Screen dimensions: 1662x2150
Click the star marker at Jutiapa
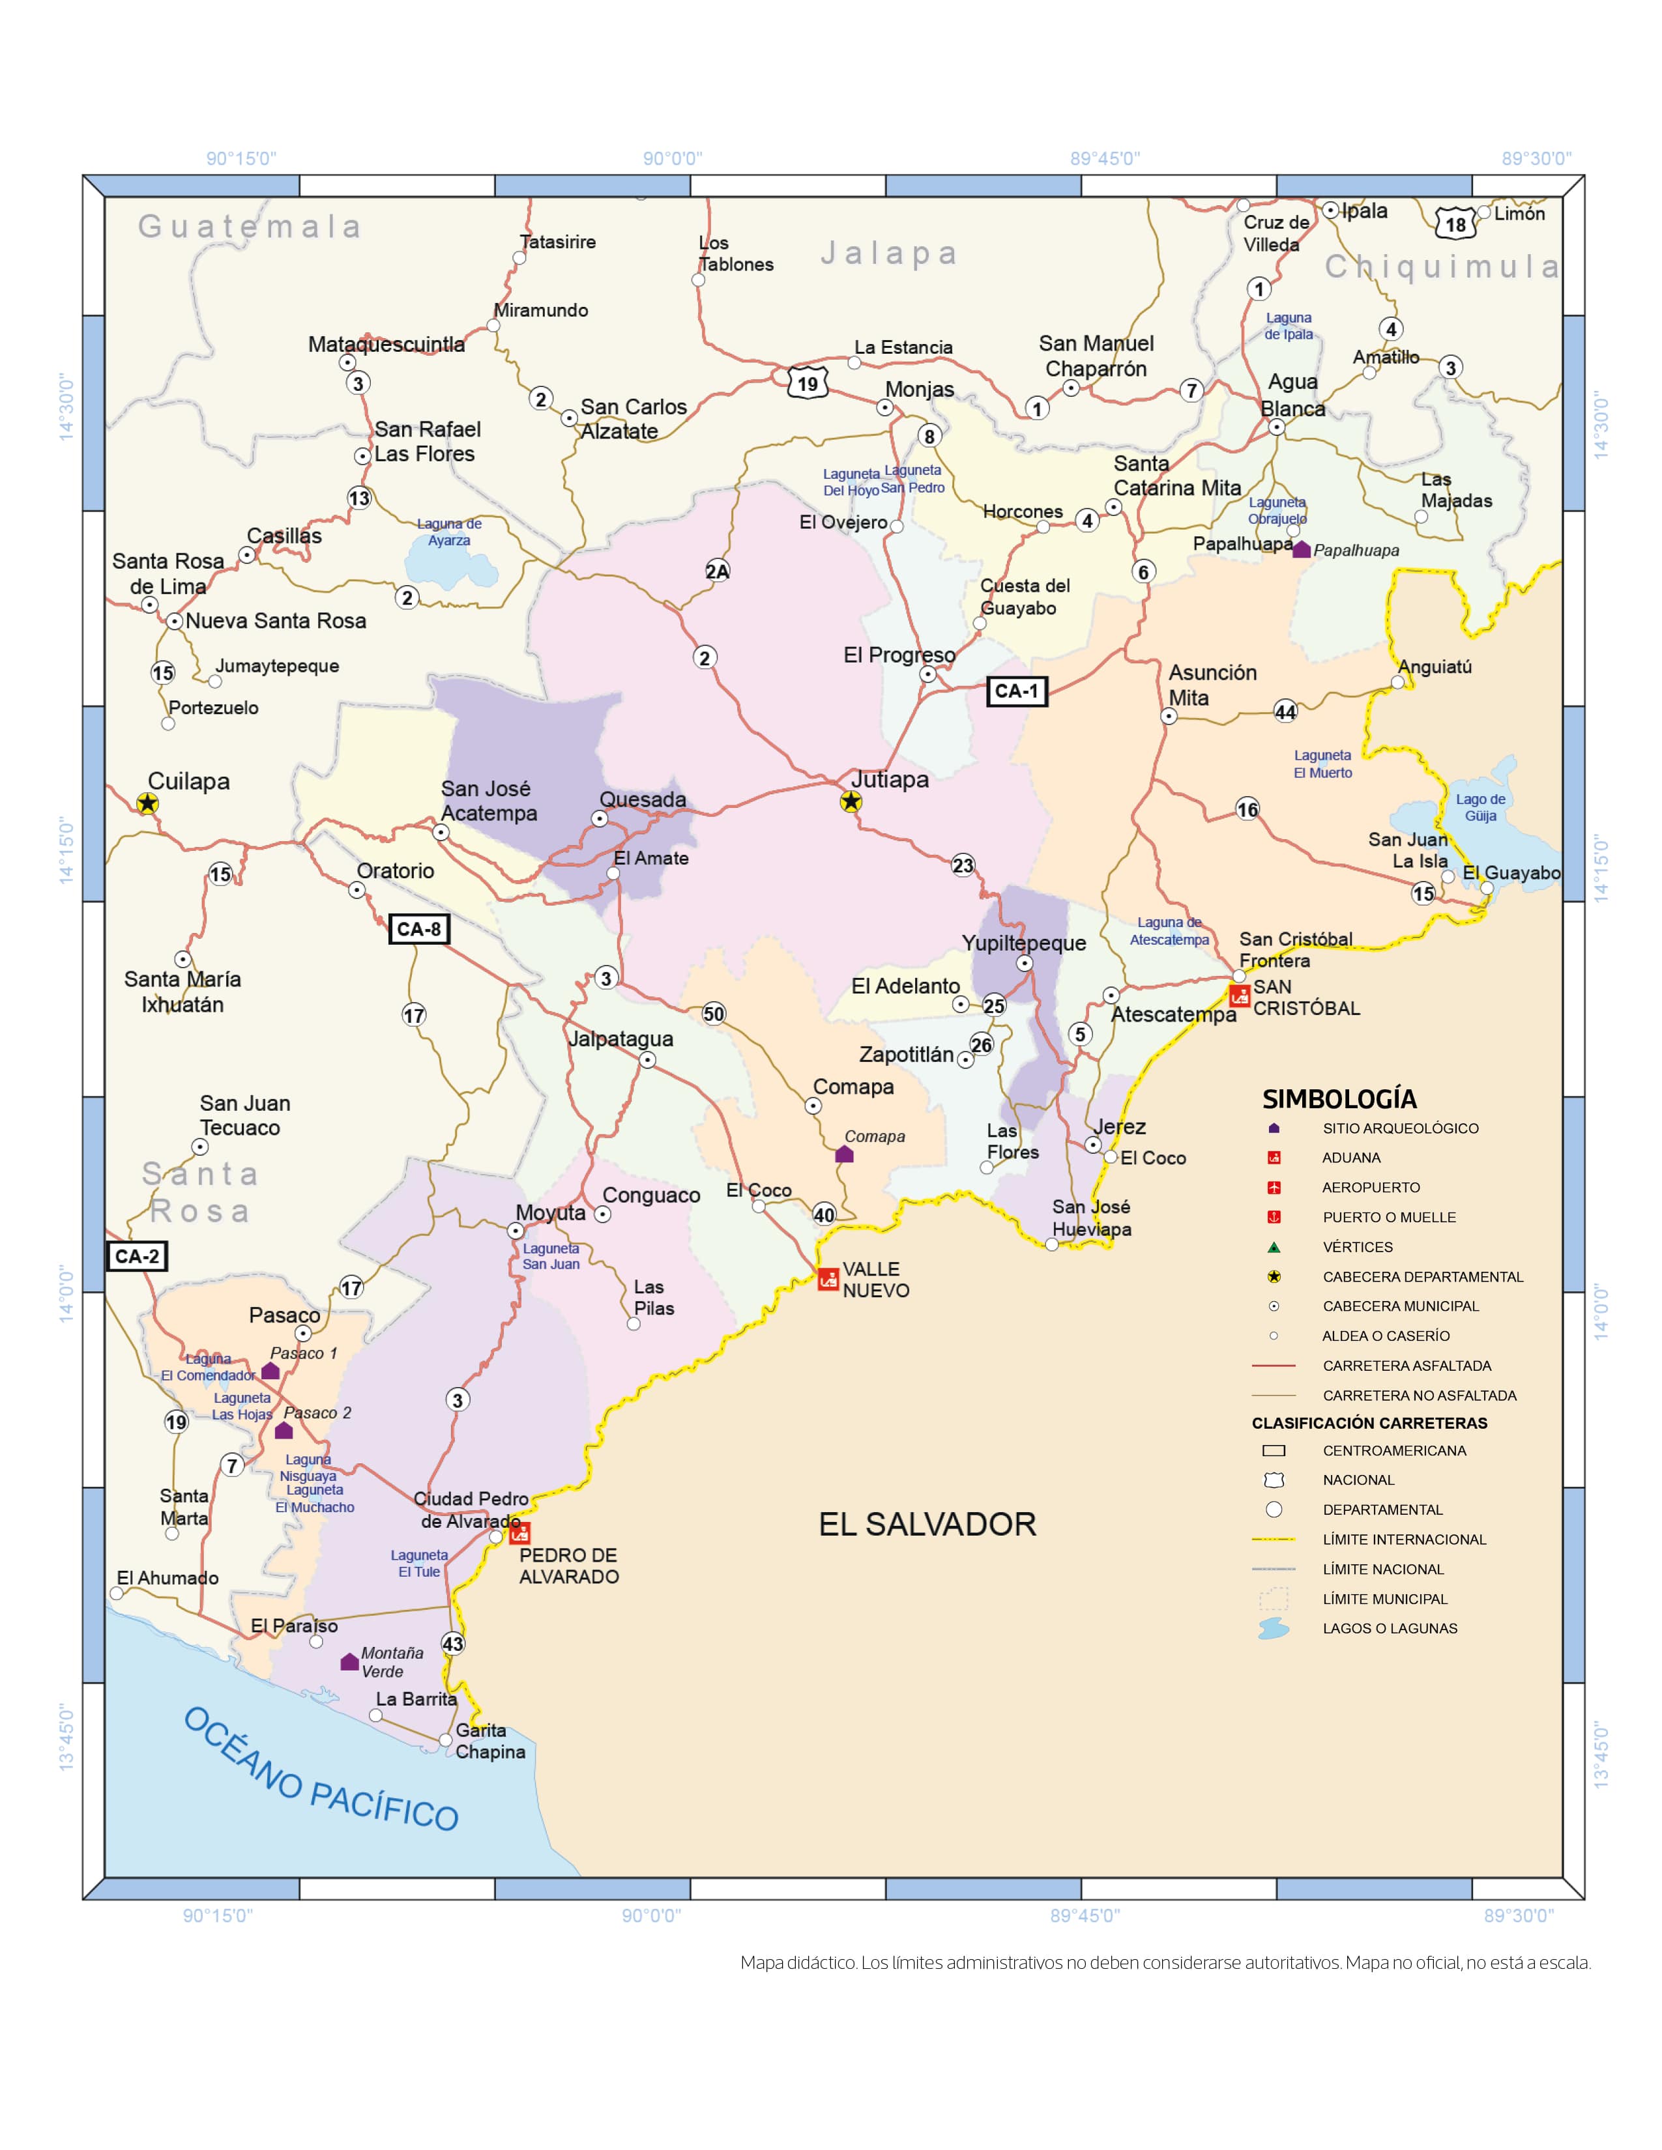coord(851,801)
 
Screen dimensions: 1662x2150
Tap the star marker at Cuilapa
coord(147,803)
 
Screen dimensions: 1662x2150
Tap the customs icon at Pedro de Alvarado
coord(520,1533)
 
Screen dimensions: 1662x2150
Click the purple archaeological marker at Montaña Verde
coord(349,1662)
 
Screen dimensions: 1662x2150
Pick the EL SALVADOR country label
coord(927,1525)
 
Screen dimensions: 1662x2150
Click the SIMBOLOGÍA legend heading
coord(1339,1100)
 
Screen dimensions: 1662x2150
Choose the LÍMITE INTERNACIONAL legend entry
coord(1404,1540)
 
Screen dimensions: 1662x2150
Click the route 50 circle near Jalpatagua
coord(713,1014)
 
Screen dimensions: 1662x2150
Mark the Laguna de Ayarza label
coord(449,532)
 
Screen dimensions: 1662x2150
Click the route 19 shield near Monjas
coord(808,383)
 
